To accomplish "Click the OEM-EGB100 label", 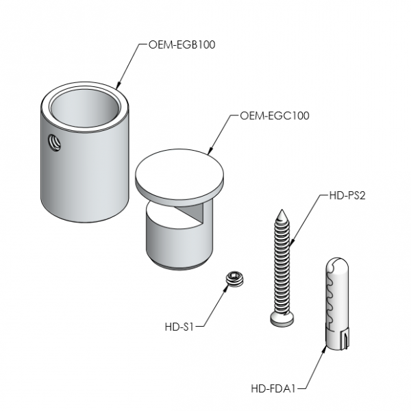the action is tap(182, 45).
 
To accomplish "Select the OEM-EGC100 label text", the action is tap(275, 116).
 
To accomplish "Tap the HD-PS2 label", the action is tap(347, 195).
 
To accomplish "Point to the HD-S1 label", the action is tap(179, 327).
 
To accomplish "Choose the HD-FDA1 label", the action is tap(273, 388).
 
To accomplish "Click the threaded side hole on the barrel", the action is tap(54, 142).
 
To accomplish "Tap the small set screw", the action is tap(235, 279).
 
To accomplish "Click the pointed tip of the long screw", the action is tap(282, 210).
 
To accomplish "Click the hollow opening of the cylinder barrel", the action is tap(84, 108).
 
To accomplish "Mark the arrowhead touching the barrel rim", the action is tap(119, 86).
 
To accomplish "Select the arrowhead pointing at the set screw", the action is tap(225, 288).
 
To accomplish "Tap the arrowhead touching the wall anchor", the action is tap(325, 349).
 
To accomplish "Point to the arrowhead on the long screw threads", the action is tap(292, 243).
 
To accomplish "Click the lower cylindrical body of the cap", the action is tap(179, 240).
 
